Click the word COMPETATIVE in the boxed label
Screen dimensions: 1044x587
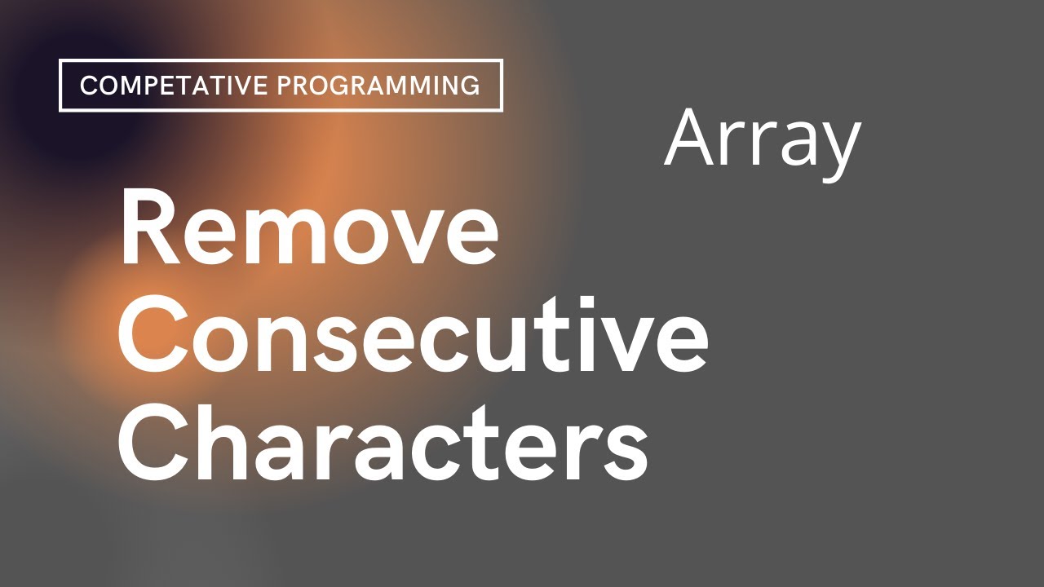174,86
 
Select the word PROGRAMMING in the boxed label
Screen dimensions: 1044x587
378,86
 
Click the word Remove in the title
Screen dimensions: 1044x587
309,229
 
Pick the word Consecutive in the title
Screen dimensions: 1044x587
413,334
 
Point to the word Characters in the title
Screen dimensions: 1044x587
383,442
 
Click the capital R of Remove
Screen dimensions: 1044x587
150,227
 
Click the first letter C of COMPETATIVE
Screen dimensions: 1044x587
89,86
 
